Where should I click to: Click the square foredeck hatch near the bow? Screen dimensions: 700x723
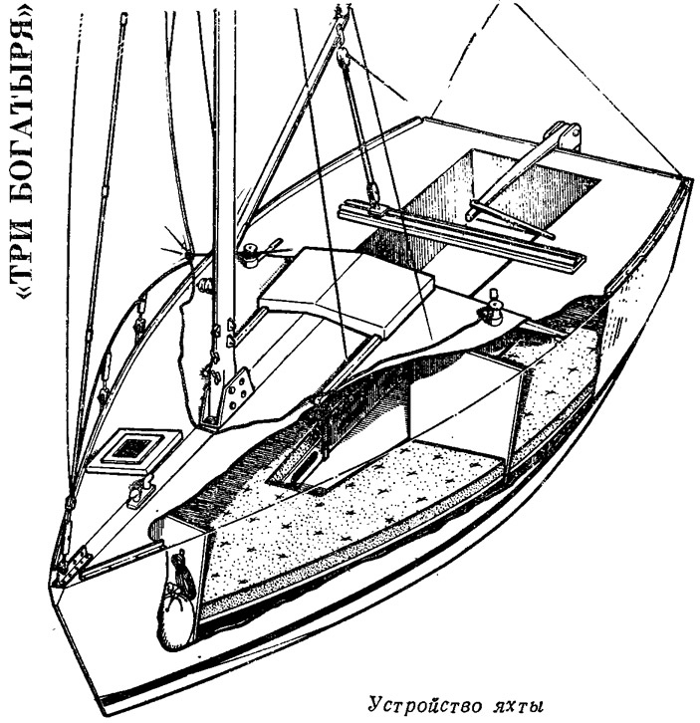[x=134, y=449]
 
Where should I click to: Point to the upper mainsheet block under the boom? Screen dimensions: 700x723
[x=343, y=55]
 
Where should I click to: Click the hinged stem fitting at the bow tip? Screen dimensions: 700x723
[x=73, y=564]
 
